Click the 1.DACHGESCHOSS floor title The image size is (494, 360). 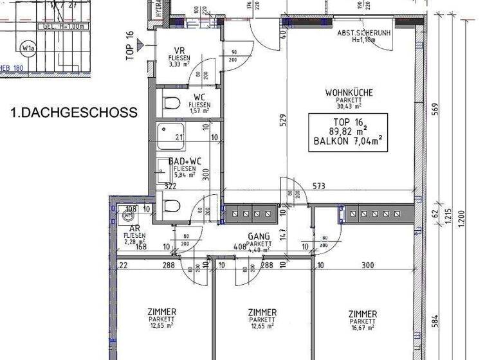tap(74, 113)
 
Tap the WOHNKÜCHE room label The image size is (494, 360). tap(349, 93)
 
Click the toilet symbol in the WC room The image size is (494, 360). tap(170, 103)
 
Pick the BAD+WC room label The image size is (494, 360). tap(185, 161)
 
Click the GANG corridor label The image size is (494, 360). tap(258, 236)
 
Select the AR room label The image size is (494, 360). tap(135, 228)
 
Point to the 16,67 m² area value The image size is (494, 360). tap(362, 327)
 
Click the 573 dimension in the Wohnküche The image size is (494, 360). tap(319, 186)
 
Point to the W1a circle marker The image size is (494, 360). tap(28, 48)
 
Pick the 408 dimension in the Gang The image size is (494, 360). tap(239, 245)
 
